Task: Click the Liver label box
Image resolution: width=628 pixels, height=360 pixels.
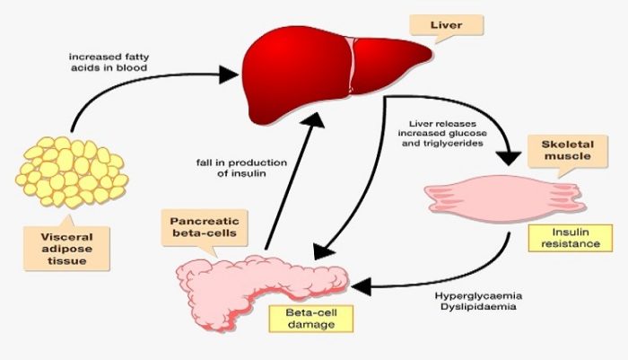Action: (446, 25)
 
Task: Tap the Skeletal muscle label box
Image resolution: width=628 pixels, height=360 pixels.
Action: (568, 151)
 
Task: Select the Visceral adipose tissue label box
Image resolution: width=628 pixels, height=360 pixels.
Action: (66, 249)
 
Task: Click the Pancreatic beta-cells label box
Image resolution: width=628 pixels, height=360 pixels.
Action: (205, 227)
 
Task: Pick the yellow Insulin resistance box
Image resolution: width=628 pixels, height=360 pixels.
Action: (571, 238)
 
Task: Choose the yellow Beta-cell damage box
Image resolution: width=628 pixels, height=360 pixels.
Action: (311, 319)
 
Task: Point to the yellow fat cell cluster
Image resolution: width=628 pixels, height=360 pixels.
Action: (72, 172)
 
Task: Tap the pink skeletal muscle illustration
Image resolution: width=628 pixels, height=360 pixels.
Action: (505, 198)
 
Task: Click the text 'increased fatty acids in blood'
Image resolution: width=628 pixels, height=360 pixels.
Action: (109, 62)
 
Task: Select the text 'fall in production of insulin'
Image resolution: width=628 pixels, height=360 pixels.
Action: (241, 168)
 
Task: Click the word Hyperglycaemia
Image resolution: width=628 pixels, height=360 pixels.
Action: (478, 296)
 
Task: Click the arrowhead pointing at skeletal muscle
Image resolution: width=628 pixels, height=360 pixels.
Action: (509, 158)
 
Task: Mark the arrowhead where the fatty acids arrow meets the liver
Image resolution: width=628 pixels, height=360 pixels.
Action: (229, 75)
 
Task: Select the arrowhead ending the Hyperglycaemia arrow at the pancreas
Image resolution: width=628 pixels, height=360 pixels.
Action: (362, 286)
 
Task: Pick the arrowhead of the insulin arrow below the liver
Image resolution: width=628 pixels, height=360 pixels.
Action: (315, 120)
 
